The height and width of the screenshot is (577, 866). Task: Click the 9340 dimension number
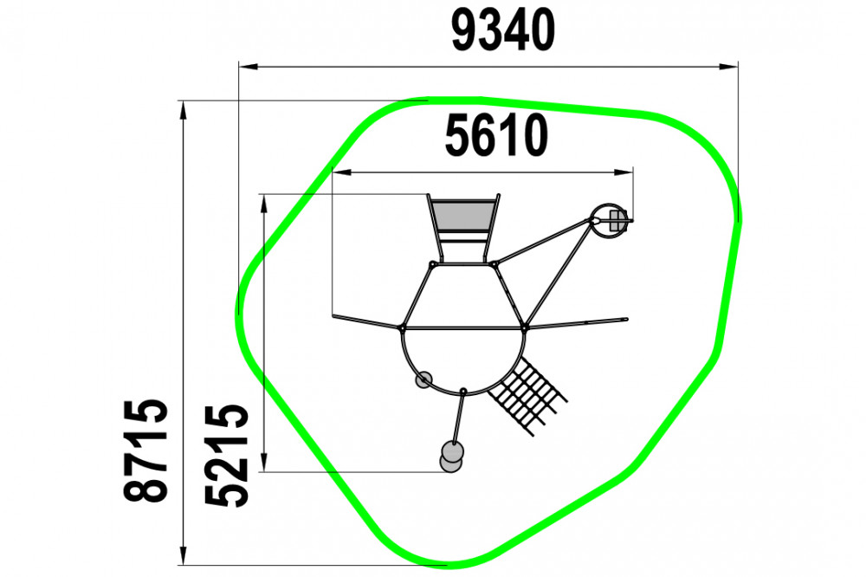click(502, 31)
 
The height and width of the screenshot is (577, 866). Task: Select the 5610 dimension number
click(496, 135)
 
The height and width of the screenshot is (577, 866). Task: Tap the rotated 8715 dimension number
click(145, 450)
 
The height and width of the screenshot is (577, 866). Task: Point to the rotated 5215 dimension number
click(226, 456)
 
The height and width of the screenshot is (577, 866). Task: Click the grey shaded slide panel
click(462, 217)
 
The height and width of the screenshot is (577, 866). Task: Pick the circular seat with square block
click(611, 221)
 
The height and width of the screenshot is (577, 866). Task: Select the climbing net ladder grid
click(527, 394)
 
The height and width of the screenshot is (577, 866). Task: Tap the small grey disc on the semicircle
click(423, 379)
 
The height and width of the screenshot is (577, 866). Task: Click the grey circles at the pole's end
click(451, 457)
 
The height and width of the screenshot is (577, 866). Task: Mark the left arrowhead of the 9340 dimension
click(249, 67)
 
